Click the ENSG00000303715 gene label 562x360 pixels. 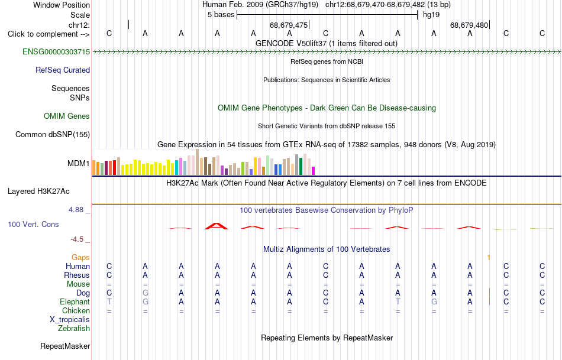coord(56,51)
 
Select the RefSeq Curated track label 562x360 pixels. coord(63,70)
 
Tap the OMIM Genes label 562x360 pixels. coord(67,116)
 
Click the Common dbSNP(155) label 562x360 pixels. coord(53,134)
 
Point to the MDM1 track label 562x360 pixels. coord(79,163)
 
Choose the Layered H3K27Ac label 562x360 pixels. coord(38,192)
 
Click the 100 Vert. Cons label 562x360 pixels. coord(33,224)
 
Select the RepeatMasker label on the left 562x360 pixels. coord(65,346)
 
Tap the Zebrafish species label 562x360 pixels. coord(74,328)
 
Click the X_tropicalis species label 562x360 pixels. coord(70,320)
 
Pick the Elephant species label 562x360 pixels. coord(75,301)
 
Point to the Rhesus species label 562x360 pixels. coord(77,275)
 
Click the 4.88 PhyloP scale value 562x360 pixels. coord(76,209)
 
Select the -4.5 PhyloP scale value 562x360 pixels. coord(77,239)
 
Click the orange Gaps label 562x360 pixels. coord(80,257)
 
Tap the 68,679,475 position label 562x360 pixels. coord(289,25)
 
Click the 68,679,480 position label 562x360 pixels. coord(469,25)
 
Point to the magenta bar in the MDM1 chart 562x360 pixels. coord(314,171)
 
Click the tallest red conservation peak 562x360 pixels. coord(216,226)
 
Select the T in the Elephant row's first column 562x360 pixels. coord(109,301)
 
